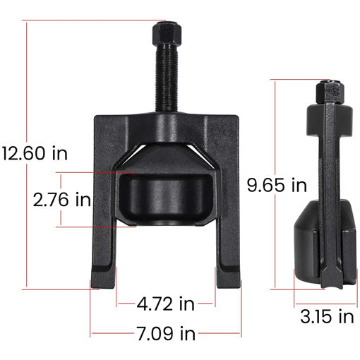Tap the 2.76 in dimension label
tap(62, 200)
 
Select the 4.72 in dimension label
tap(165, 304)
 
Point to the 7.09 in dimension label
tap(167, 332)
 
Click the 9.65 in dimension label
tap(277, 186)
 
